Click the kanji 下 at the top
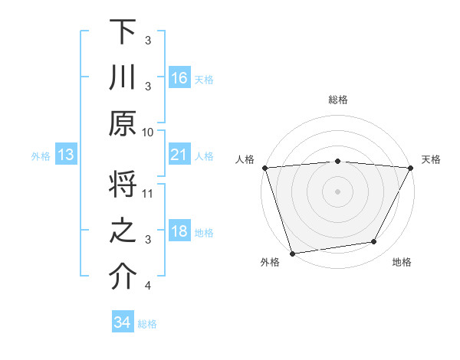coord(123,33)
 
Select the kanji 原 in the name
coord(123,123)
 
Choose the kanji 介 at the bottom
coord(123,277)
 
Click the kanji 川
coord(123,78)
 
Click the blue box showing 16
coord(179,78)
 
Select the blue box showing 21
coord(179,155)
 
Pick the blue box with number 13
coord(66,155)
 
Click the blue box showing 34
coord(123,322)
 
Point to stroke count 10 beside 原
coord(148,132)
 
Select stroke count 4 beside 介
coord(148,286)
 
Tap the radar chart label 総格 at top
coord(337,100)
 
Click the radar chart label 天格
coord(431,159)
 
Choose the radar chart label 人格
coord(245,159)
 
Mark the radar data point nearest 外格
coord(292,253)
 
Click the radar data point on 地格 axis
coord(374,242)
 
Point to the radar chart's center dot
coord(337,191)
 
